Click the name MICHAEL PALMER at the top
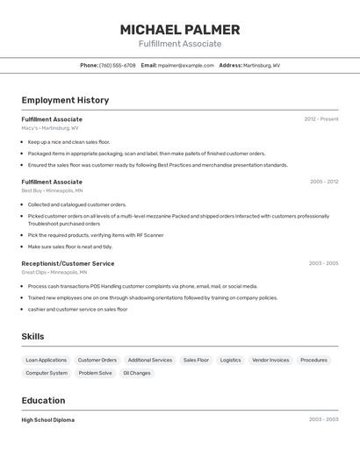(x=179, y=30)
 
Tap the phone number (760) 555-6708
(x=117, y=65)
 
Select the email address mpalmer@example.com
(x=186, y=65)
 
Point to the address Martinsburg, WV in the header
(x=262, y=65)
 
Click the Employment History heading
(x=65, y=100)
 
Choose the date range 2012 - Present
(x=320, y=119)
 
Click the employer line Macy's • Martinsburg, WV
(x=49, y=128)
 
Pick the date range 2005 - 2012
(x=323, y=182)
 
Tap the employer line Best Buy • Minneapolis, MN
(x=52, y=190)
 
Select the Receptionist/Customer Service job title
(x=68, y=263)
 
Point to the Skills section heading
(x=32, y=336)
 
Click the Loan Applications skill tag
(x=46, y=360)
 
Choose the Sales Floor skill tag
(x=196, y=360)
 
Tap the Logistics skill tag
(x=230, y=360)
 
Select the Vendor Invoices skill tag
(x=270, y=360)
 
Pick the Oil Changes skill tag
(x=136, y=373)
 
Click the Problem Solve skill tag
(x=95, y=373)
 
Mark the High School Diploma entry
(x=47, y=420)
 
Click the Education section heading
(x=44, y=400)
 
